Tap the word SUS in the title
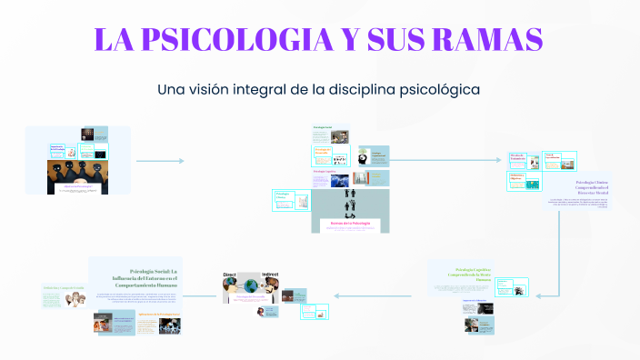click(x=387, y=39)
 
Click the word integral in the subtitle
click(x=284, y=90)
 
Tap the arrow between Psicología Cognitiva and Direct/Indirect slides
click(x=377, y=295)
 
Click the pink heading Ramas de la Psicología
click(x=350, y=223)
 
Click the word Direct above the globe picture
click(x=229, y=274)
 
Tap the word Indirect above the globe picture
click(x=270, y=274)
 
